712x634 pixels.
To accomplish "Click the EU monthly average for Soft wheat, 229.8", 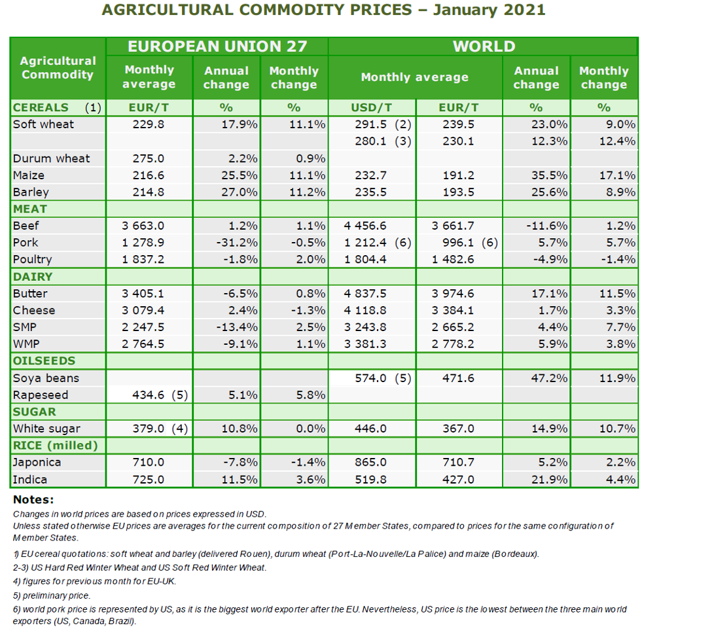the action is coord(149,124).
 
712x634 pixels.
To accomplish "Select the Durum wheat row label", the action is coord(51,158).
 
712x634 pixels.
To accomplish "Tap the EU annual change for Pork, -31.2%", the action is coord(237,243).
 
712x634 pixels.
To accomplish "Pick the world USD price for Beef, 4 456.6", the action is coord(365,226).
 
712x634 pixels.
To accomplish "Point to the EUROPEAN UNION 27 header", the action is coord(217,46).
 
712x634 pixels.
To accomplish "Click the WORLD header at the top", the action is coord(484,46).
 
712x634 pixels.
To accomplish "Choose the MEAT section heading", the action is coord(30,209).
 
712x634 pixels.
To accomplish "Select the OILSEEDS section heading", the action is coord(44,361).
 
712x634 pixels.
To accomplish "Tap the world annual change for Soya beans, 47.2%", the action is coord(550,378).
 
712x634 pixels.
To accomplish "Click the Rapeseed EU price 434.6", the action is coord(149,395).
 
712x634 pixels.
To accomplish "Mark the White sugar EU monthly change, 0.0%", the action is coord(311,429).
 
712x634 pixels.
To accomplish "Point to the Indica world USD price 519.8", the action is coord(370,480).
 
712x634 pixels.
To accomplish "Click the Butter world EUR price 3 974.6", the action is coord(453,294).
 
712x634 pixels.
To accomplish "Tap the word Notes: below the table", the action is coord(33,500).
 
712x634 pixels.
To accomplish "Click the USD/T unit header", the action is coord(372,108).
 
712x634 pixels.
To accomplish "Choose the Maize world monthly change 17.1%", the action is coord(618,175).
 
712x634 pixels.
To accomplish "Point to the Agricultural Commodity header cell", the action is coord(58,67).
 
